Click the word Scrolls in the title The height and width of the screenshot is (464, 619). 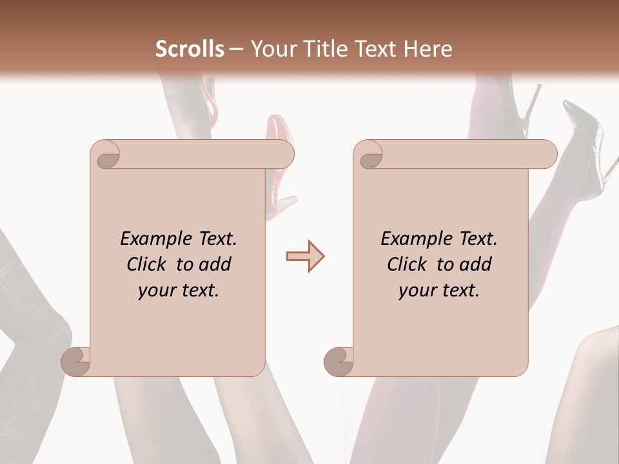(190, 49)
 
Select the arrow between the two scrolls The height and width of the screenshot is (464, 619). (305, 256)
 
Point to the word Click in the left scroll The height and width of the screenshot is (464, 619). (147, 264)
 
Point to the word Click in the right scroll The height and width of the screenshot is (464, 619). (408, 264)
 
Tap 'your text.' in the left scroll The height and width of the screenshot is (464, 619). (179, 291)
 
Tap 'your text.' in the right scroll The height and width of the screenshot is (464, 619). (439, 291)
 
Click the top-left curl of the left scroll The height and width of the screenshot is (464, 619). (105, 155)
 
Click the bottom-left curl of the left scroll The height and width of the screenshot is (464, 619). (75, 361)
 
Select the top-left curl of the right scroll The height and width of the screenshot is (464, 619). (369, 155)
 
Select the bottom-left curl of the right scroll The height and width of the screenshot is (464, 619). (339, 361)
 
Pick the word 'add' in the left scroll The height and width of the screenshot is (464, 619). (214, 264)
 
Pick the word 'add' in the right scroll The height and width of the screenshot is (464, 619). (475, 264)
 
